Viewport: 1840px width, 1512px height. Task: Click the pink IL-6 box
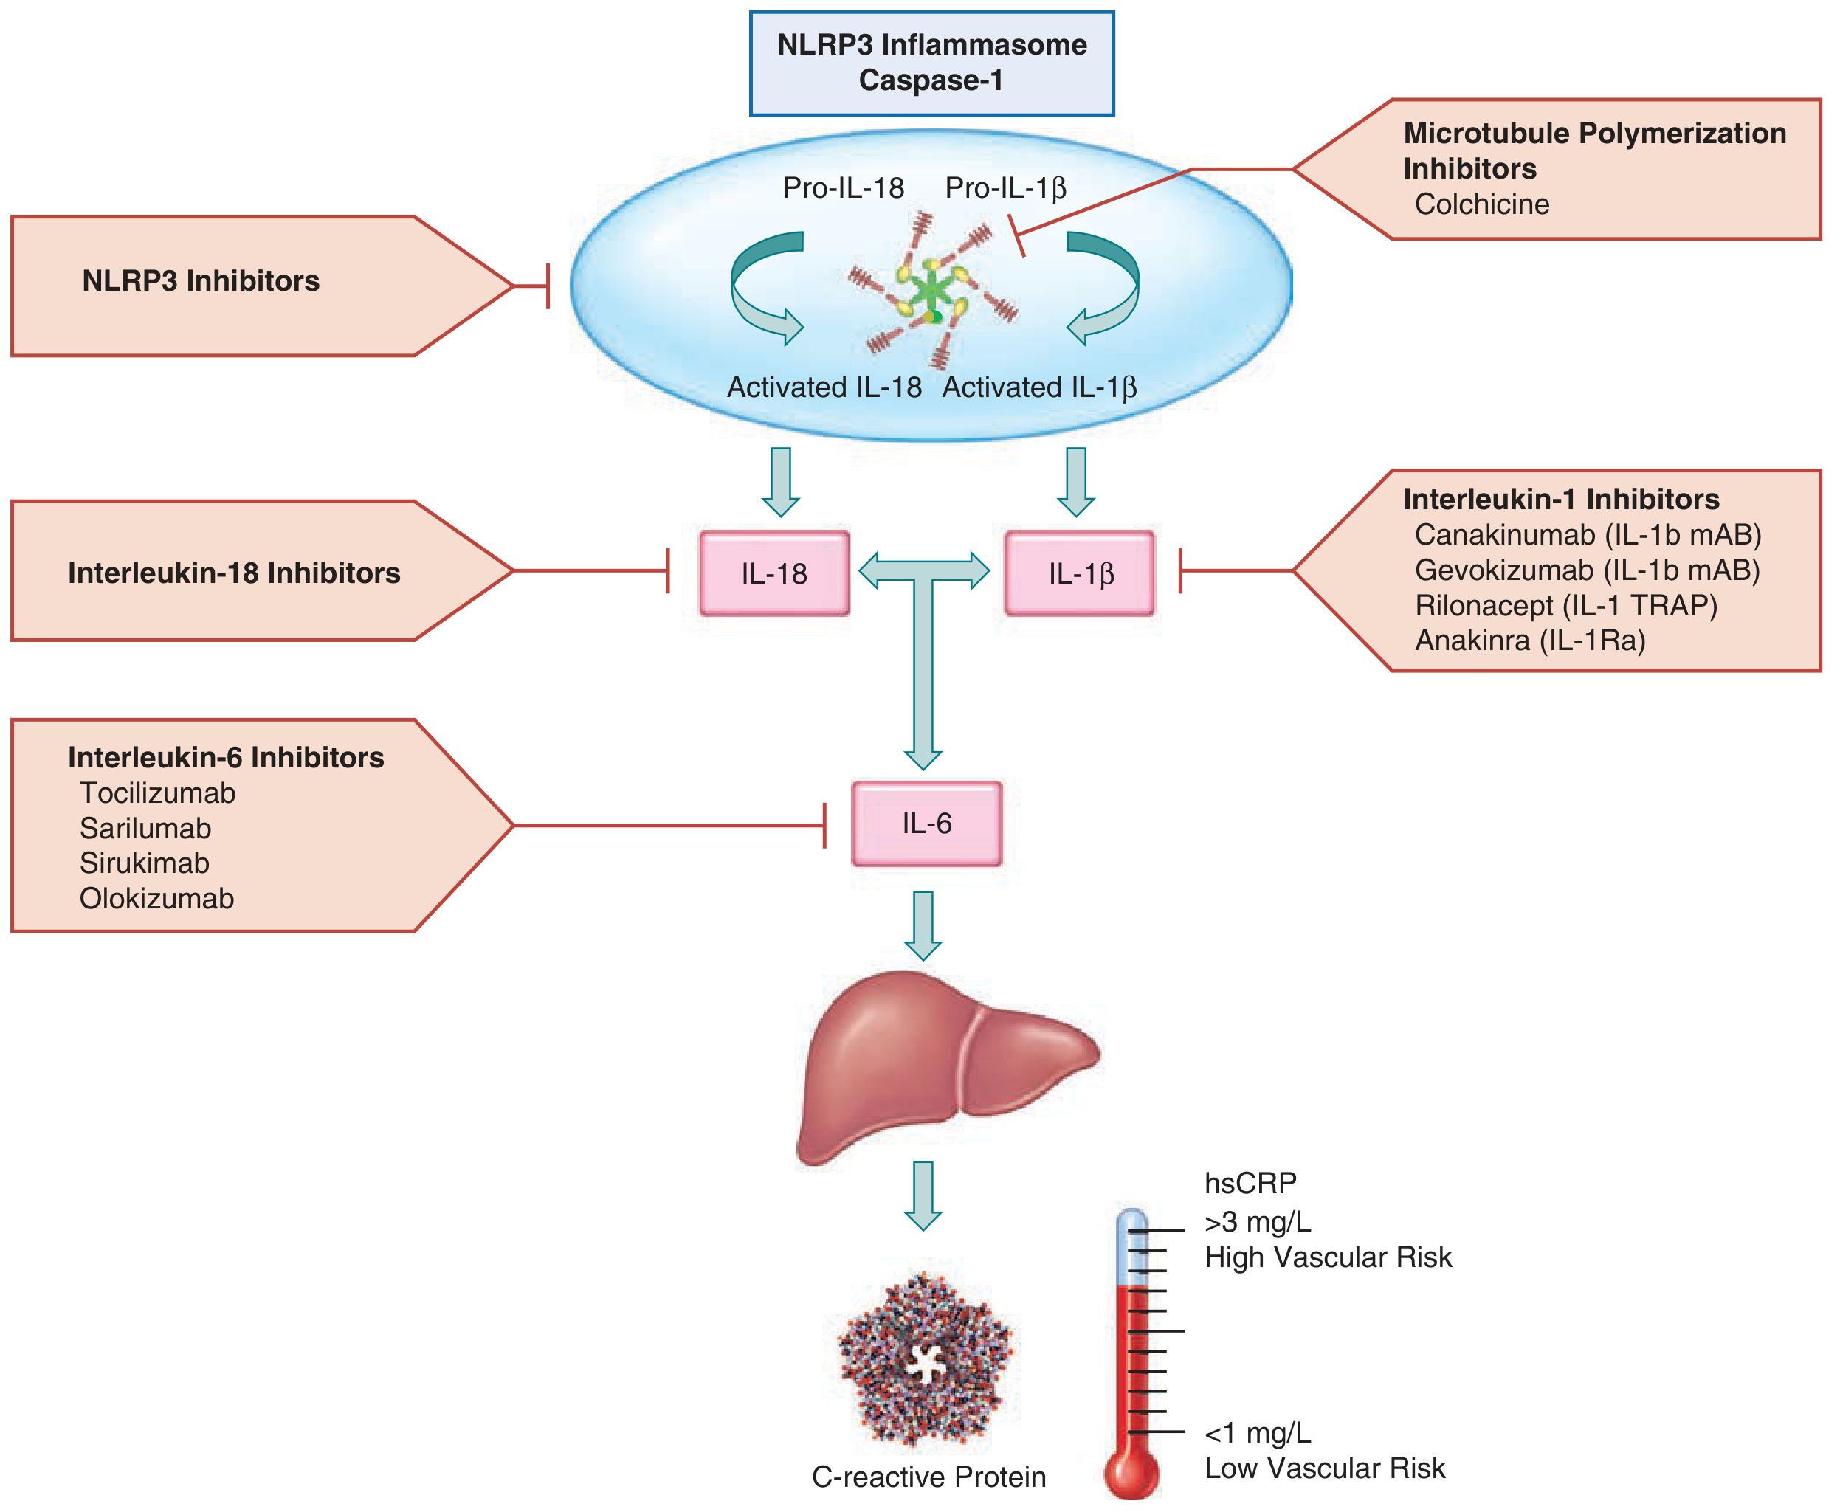point(926,823)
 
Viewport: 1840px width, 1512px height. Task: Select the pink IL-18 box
point(773,573)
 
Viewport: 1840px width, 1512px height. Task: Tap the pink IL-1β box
point(1080,573)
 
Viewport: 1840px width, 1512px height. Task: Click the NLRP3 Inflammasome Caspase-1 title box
point(931,63)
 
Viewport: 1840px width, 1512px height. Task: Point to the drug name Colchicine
point(1482,204)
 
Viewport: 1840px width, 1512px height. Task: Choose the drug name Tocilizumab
point(158,793)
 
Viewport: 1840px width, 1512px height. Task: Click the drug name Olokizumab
point(156,898)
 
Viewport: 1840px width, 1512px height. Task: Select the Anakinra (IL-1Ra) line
point(1530,641)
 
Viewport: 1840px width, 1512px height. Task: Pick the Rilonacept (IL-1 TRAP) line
point(1565,605)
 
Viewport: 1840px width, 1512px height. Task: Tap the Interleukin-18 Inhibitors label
point(233,572)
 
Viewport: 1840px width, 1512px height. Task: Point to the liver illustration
point(947,1067)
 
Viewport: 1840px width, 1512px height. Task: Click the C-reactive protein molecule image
point(926,1359)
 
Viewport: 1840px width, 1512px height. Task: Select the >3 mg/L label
point(1257,1222)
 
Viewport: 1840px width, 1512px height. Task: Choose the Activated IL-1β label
point(1039,387)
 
